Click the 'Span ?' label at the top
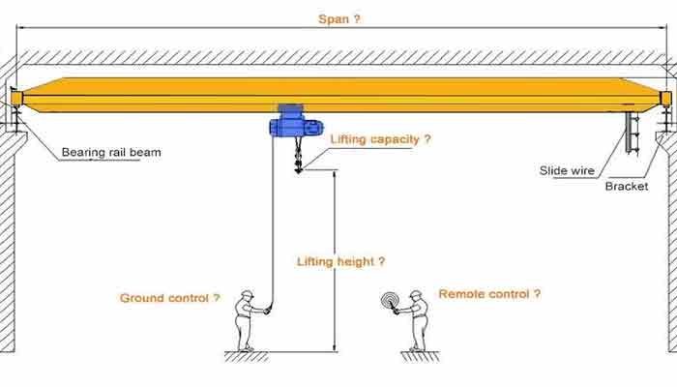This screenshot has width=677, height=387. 339,18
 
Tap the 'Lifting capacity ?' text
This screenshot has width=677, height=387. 381,139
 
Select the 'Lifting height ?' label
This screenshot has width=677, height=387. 341,261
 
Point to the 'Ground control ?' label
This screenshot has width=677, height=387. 169,298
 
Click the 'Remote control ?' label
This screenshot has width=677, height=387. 489,293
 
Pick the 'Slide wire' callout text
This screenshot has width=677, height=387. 567,170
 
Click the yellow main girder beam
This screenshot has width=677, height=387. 338,92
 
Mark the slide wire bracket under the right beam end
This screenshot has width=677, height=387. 633,135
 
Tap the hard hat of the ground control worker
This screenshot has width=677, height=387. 248,293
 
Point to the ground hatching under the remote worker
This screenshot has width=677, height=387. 420,356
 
